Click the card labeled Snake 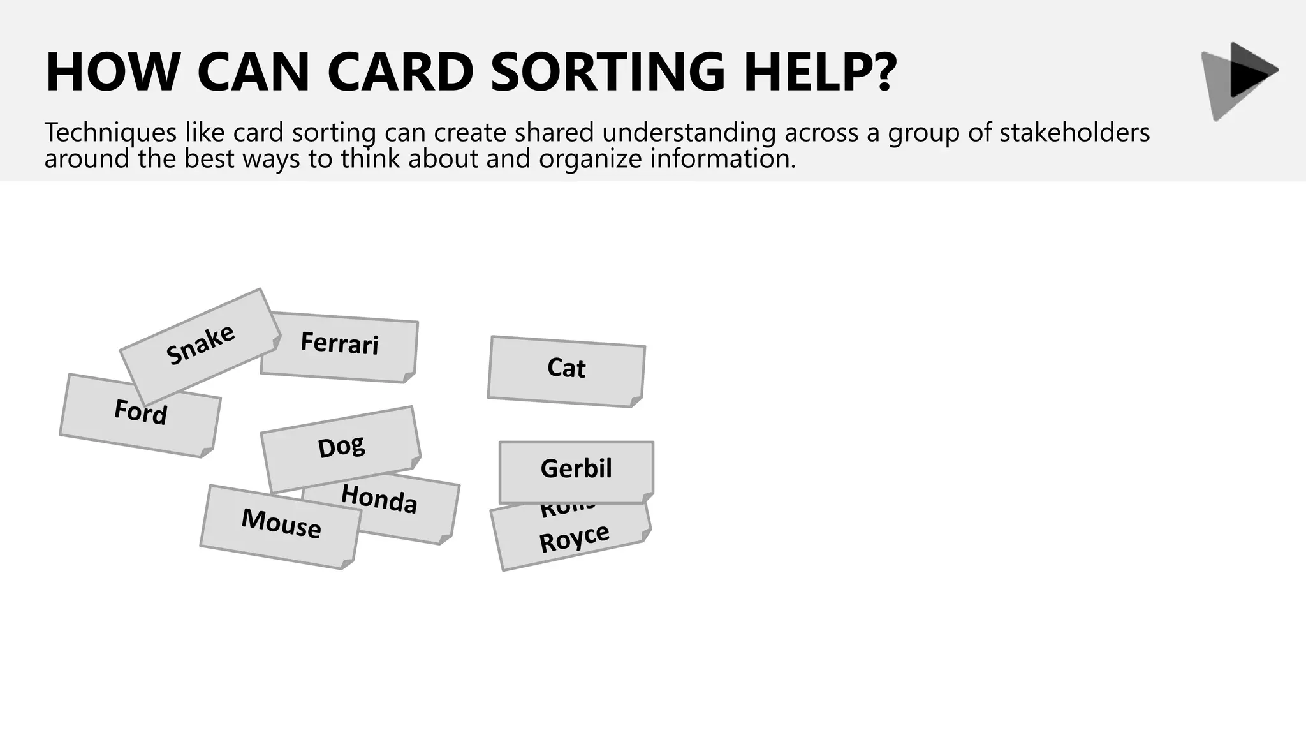[200, 345]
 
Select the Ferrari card [339, 344]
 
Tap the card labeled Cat [566, 369]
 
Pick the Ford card [140, 413]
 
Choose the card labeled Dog [341, 447]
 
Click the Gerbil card [576, 469]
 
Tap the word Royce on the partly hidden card [574, 538]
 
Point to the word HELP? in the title [820, 71]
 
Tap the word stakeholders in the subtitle [1075, 133]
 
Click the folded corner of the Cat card [636, 401]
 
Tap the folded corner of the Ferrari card [409, 377]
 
